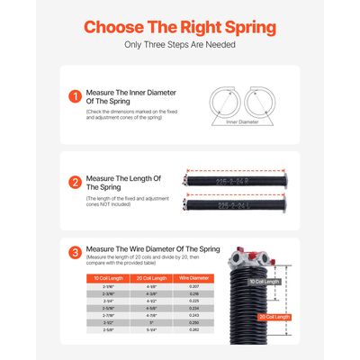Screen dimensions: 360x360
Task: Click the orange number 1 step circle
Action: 75,95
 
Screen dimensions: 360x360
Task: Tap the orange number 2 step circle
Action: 75,183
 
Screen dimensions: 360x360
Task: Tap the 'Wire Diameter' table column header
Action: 194,279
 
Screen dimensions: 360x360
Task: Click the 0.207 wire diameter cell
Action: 194,287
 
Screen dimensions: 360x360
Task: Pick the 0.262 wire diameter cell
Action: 194,329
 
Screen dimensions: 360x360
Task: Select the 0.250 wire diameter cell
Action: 194,322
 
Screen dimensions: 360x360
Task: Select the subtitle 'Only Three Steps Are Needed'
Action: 180,44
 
